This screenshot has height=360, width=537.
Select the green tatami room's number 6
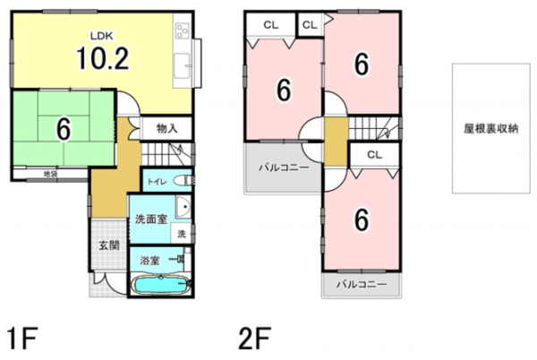tap(63, 129)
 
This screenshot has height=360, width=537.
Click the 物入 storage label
tap(167, 129)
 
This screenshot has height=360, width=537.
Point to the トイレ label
tap(158, 180)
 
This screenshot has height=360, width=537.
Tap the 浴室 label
tap(149, 260)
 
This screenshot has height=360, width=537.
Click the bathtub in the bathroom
tap(160, 286)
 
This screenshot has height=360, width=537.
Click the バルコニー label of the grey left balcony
tap(283, 167)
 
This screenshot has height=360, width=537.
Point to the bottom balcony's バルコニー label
tap(362, 285)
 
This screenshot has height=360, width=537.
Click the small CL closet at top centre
tap(310, 25)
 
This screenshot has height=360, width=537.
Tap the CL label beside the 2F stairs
tap(374, 156)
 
